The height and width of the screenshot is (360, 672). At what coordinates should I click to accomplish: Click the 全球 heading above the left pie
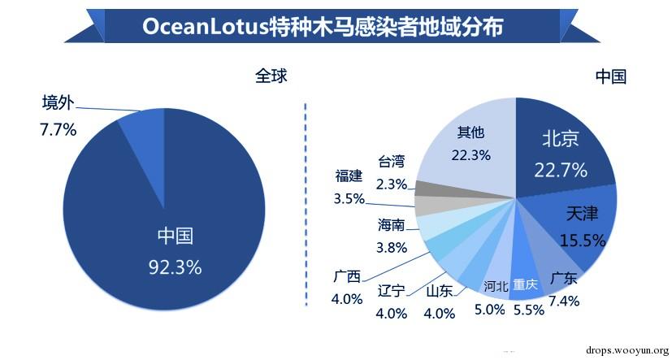click(271, 76)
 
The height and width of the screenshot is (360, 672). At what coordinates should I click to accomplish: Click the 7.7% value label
click(58, 128)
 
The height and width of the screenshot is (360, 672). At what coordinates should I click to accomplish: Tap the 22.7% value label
click(561, 170)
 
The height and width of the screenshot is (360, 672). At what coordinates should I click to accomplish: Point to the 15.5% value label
click(582, 241)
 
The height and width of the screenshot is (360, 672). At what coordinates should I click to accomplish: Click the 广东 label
click(563, 279)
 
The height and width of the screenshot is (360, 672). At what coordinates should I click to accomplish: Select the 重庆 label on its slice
click(525, 284)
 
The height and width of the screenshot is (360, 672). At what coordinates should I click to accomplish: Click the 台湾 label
click(391, 162)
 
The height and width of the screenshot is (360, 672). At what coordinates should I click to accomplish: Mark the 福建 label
click(349, 176)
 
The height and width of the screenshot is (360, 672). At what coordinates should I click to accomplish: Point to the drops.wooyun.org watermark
click(621, 349)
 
